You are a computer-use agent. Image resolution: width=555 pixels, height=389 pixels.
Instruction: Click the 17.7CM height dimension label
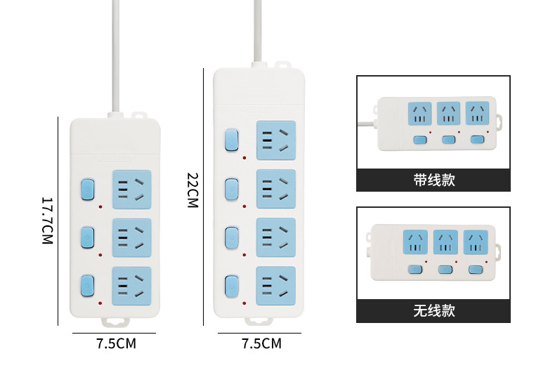pyautogui.click(x=47, y=220)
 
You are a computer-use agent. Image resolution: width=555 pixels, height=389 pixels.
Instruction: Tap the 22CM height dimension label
pyautogui.click(x=192, y=190)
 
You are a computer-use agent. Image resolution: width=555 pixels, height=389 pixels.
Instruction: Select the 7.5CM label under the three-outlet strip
pyautogui.click(x=116, y=344)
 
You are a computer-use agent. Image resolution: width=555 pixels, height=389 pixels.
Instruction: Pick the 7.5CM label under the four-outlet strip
pyautogui.click(x=261, y=344)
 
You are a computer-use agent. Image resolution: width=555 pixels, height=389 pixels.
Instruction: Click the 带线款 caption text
pyautogui.click(x=433, y=180)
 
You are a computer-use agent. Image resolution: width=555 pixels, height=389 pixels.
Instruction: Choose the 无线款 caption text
pyautogui.click(x=433, y=311)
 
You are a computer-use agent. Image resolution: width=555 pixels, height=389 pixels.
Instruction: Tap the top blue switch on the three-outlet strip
pyautogui.click(x=87, y=189)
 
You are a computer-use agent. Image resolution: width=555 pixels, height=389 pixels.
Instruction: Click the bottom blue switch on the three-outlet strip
pyautogui.click(x=87, y=285)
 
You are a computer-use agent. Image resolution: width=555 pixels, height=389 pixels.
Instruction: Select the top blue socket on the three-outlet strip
pyautogui.click(x=132, y=188)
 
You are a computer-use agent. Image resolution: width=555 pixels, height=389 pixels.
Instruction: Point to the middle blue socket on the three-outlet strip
pyautogui.click(x=132, y=237)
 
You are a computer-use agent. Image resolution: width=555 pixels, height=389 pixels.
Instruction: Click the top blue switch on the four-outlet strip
pyautogui.click(x=231, y=140)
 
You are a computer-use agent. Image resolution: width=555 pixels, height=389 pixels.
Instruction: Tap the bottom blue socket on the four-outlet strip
pyautogui.click(x=275, y=286)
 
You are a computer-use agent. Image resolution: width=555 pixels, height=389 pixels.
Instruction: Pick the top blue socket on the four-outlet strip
pyautogui.click(x=275, y=140)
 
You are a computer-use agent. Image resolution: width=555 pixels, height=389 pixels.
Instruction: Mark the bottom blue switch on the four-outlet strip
pyautogui.click(x=231, y=286)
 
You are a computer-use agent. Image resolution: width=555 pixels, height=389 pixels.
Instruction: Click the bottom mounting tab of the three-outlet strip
pyautogui.click(x=116, y=321)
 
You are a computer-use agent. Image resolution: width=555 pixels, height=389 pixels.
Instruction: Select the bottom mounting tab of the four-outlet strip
pyautogui.click(x=259, y=321)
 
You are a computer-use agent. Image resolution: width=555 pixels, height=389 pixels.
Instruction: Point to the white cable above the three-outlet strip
pyautogui.click(x=114, y=56)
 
